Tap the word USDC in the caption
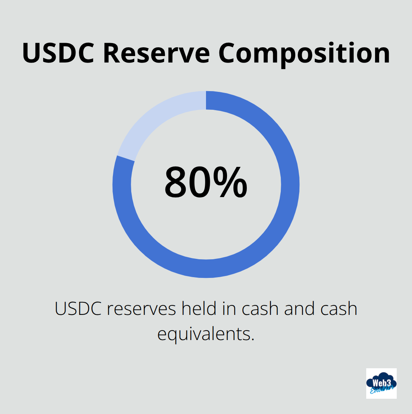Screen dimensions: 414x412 [x=78, y=308]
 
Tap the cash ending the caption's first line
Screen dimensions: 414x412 [x=339, y=308]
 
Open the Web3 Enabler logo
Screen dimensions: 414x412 [x=381, y=383]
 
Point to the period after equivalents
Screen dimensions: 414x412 [x=253, y=339]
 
